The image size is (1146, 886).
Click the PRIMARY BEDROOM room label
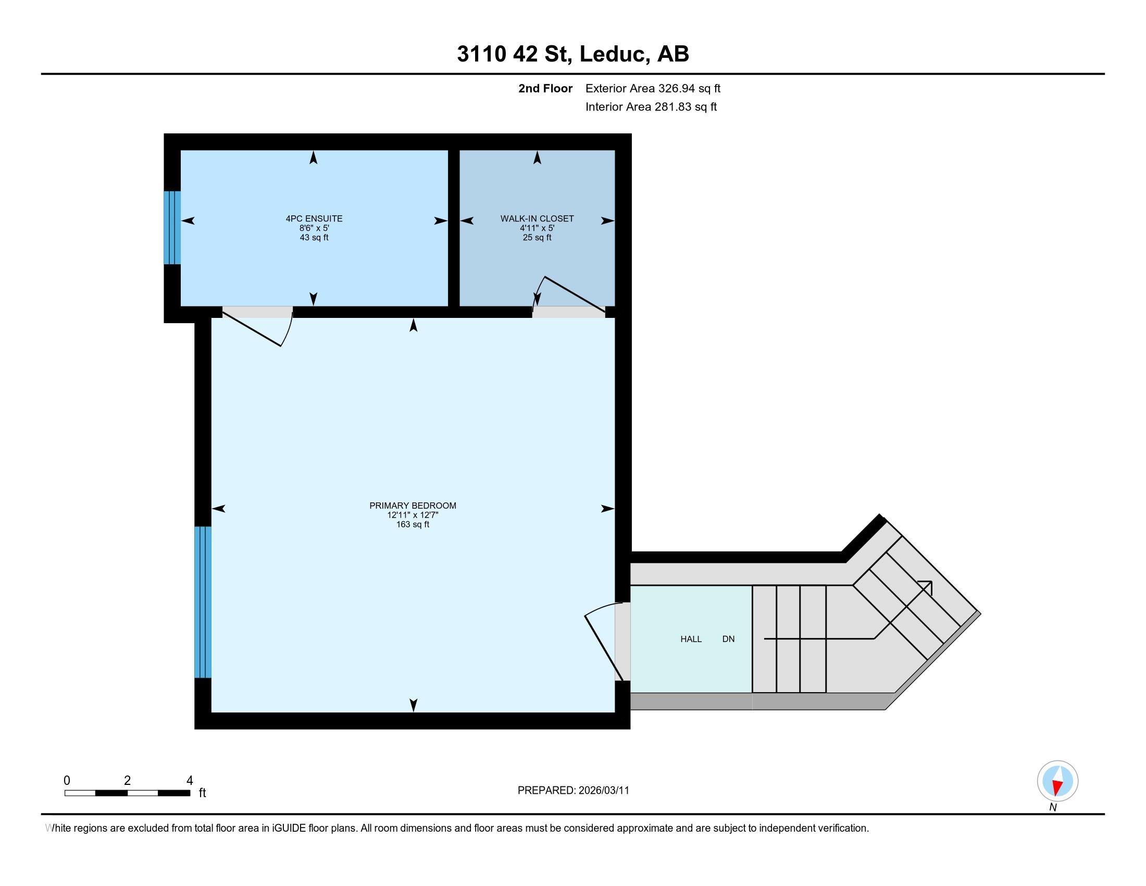[x=413, y=506]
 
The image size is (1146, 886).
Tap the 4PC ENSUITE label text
[x=314, y=218]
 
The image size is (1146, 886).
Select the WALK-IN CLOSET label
[x=537, y=218]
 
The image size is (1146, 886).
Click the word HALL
[x=691, y=639]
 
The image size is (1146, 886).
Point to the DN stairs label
[x=728, y=639]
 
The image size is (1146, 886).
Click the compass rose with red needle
[x=1057, y=781]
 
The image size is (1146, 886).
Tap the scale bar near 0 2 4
[x=127, y=793]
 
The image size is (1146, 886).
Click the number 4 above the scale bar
[x=190, y=780]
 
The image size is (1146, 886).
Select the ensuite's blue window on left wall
[x=172, y=227]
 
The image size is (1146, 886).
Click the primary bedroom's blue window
[x=203, y=602]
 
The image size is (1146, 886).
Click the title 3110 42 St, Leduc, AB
[x=572, y=54]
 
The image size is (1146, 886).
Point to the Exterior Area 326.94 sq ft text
[x=653, y=88]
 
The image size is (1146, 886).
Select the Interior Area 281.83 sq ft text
[x=651, y=106]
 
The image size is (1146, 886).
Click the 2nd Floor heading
[x=545, y=88]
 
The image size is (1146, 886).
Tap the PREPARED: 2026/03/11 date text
[x=573, y=790]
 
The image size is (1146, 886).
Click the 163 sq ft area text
[x=413, y=524]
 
